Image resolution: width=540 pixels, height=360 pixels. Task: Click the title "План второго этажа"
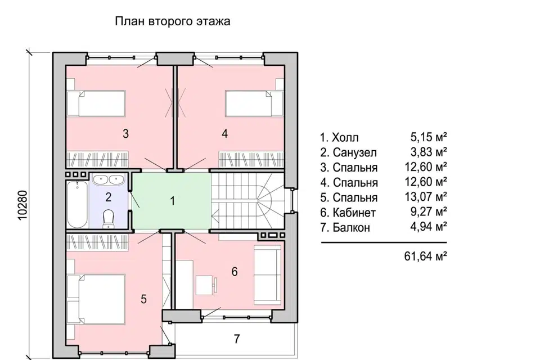point(173,21)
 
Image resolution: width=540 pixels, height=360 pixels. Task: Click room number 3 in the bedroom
point(126,134)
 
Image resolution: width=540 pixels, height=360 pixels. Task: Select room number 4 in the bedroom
point(224,134)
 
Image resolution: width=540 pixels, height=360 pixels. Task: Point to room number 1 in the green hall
point(173,201)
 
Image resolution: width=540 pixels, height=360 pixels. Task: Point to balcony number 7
point(237,339)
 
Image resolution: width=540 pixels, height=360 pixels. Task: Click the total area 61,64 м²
point(425,256)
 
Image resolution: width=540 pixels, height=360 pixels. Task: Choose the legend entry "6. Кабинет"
point(348,213)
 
